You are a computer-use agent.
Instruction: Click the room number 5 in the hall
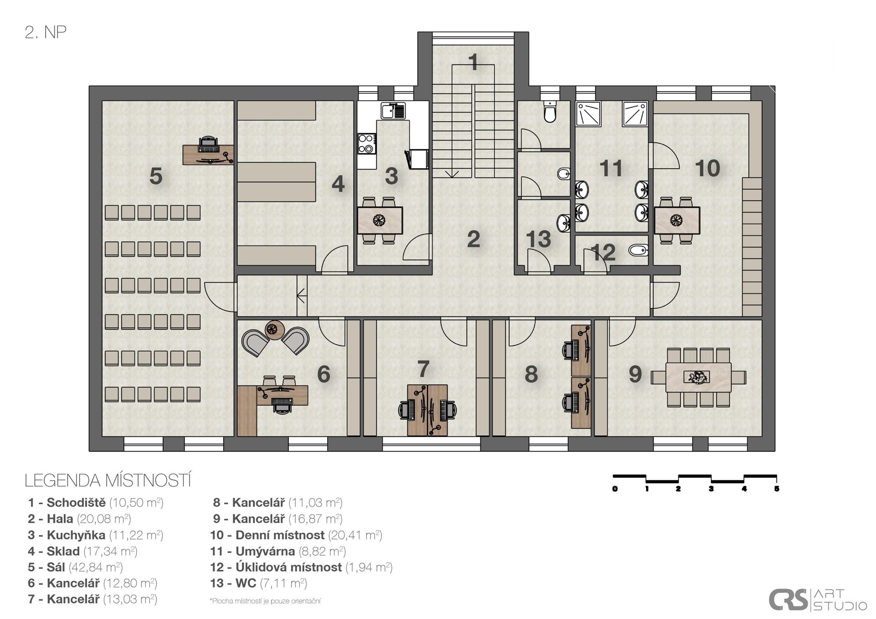[x=156, y=176]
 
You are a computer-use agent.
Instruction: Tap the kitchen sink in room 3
[x=393, y=111]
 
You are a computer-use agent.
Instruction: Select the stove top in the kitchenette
[x=367, y=143]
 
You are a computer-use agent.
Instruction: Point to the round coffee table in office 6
[x=275, y=330]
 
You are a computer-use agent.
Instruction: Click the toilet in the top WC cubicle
[x=550, y=112]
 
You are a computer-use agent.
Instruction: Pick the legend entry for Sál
[x=75, y=567]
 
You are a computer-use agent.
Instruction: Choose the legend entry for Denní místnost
[x=296, y=535]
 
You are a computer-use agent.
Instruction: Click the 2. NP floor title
[x=46, y=32]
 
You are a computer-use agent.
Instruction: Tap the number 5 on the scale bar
[x=777, y=489]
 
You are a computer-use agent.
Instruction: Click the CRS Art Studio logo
[x=818, y=599]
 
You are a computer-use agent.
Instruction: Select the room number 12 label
[x=603, y=252]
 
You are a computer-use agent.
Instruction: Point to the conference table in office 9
[x=698, y=377]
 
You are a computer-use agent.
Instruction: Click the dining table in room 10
[x=677, y=221]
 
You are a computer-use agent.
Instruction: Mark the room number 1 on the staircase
[x=473, y=62]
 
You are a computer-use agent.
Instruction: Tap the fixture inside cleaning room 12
[x=638, y=250]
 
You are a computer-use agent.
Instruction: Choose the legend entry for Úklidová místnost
[x=301, y=567]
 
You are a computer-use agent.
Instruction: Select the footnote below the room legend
[x=265, y=601]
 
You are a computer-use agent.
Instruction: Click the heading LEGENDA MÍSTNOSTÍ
[x=108, y=481]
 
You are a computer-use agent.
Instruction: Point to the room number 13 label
[x=538, y=239]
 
